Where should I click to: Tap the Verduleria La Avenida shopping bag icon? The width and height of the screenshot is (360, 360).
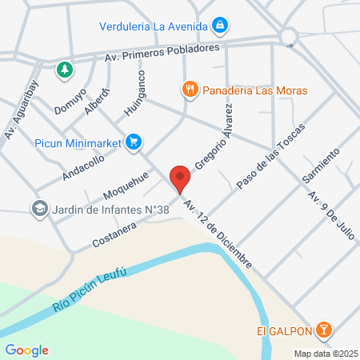pyautogui.click(x=219, y=26)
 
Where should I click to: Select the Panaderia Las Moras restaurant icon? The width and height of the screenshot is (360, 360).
pyautogui.click(x=190, y=90)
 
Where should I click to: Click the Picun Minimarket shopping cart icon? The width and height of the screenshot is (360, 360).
pyautogui.click(x=134, y=142)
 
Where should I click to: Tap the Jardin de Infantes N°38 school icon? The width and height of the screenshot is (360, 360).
pyautogui.click(x=39, y=209)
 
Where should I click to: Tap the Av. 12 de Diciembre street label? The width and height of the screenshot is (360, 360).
pyautogui.click(x=218, y=234)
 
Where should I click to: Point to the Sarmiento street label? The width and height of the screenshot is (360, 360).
pyautogui.click(x=322, y=166)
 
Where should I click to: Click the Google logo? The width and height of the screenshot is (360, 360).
pyautogui.click(x=26, y=350)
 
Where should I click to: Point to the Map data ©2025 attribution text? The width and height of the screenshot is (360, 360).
pyautogui.click(x=325, y=353)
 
